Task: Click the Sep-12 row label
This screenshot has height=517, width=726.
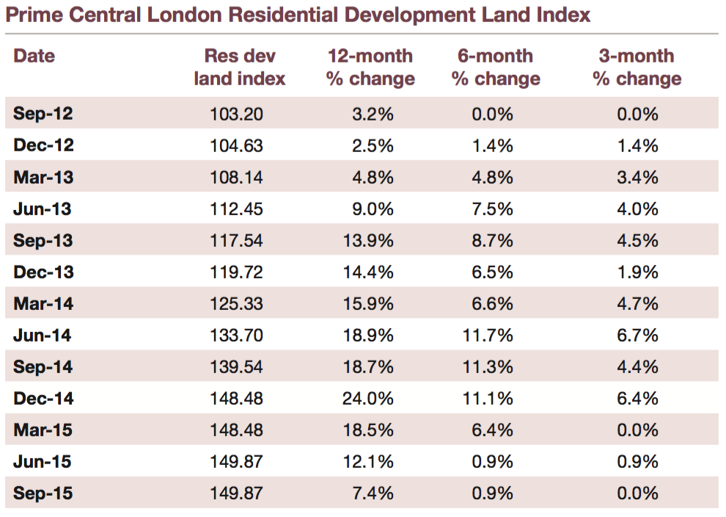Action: point(43,114)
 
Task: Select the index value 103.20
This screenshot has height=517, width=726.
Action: point(237,114)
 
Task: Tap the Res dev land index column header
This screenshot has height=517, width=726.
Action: point(239,68)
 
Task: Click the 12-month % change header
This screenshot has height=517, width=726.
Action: point(370,68)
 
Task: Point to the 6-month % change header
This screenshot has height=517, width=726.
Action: point(496,68)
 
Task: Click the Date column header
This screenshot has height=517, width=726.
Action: point(34,56)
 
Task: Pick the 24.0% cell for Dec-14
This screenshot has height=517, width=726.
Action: point(367,399)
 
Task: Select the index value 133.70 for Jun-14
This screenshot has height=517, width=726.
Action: point(237,336)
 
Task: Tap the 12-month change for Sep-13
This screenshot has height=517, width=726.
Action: point(367,241)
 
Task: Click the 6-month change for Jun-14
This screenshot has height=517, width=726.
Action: point(488,336)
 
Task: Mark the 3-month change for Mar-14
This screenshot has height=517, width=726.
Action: point(638,304)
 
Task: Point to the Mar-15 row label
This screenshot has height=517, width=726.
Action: point(43,430)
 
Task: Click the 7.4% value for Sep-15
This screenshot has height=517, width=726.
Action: point(373,493)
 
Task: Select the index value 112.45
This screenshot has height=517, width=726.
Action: point(237,209)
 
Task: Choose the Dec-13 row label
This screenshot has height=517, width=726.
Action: point(43,272)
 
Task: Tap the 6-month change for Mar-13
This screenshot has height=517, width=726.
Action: point(494,178)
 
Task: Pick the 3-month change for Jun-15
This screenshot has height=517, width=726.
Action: point(638,462)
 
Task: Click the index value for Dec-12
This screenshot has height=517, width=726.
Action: point(237,145)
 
